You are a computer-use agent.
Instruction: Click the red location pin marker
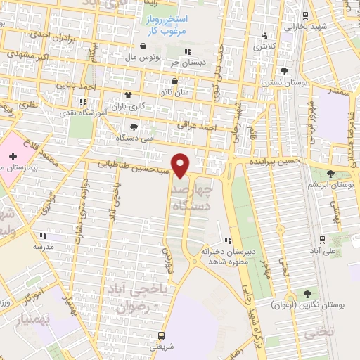pyautogui.click(x=181, y=165)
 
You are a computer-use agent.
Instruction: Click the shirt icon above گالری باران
pyautogui.click(x=128, y=96)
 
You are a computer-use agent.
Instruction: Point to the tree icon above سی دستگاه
pyautogui.click(x=134, y=127)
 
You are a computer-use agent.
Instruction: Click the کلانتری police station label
pyautogui.click(x=264, y=46)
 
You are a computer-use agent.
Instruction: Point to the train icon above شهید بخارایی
pyautogui.click(x=303, y=15)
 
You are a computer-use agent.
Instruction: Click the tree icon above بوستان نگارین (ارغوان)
pyautogui.click(x=306, y=293)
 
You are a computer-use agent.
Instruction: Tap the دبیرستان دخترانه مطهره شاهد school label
pyautogui.click(x=224, y=255)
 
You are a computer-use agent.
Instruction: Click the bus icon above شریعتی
pyautogui.click(x=162, y=335)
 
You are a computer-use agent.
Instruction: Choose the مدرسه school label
pyautogui.click(x=44, y=247)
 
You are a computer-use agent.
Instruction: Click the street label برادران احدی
pyautogui.click(x=48, y=33)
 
